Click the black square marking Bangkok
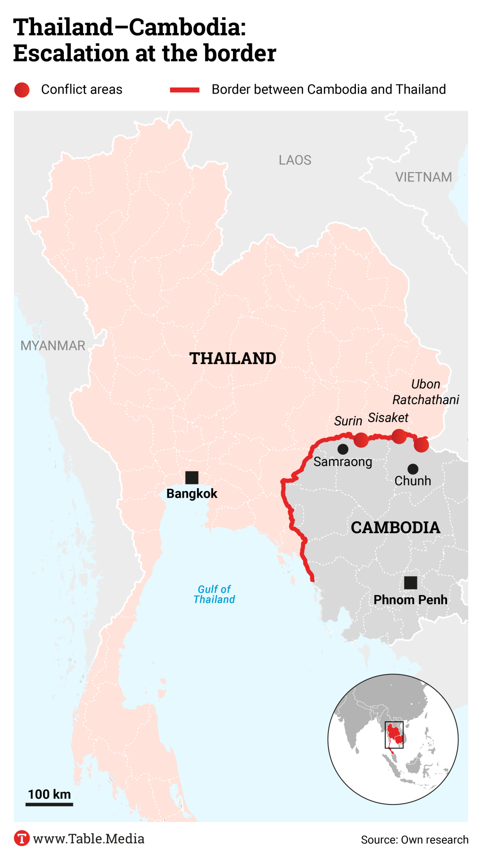click(191, 477)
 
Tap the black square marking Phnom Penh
click(410, 582)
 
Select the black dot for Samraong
click(343, 449)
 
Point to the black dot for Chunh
click(413, 469)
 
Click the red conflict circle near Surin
click(361, 440)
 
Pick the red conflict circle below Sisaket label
click(399, 436)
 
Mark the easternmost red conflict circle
click(421, 445)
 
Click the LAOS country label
click(295, 160)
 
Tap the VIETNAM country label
click(423, 177)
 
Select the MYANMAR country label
click(53, 346)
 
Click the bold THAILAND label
click(233, 358)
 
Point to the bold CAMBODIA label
click(395, 527)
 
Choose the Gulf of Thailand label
click(214, 594)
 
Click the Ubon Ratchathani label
click(425, 392)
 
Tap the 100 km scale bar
click(49, 804)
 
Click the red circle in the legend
click(22, 90)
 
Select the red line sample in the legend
click(185, 90)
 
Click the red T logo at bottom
click(22, 838)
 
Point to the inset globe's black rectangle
click(394, 735)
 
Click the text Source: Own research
click(415, 839)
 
